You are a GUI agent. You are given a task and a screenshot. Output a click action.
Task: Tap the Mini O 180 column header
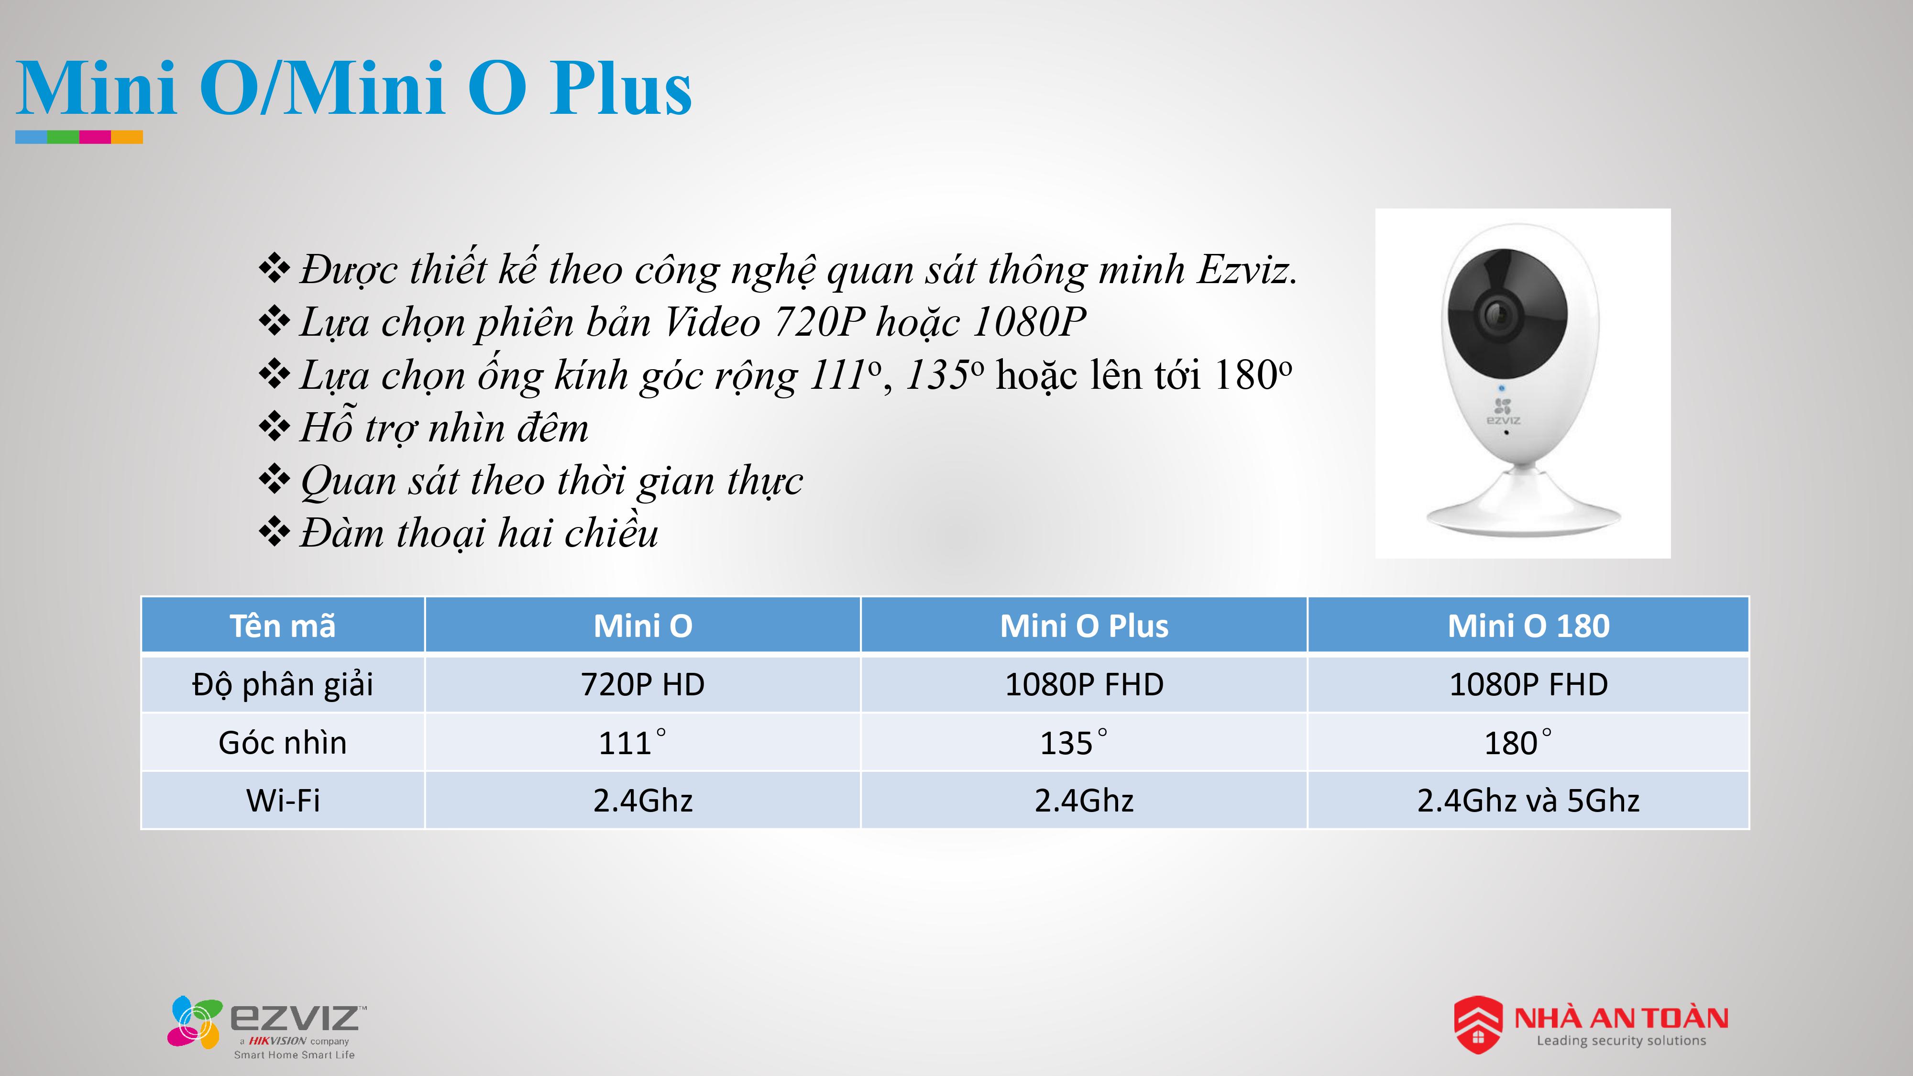click(1528, 625)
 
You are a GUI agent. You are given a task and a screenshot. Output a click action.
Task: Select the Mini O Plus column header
click(1084, 625)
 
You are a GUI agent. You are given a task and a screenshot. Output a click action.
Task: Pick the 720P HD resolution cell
click(642, 684)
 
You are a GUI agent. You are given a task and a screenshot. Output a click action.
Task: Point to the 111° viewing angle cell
click(642, 742)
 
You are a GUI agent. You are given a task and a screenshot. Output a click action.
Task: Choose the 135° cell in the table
click(1084, 742)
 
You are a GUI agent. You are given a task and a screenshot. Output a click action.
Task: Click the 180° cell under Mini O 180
click(1528, 742)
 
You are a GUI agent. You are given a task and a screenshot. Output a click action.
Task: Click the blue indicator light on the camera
click(1502, 388)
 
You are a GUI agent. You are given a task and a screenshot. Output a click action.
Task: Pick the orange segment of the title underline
click(127, 137)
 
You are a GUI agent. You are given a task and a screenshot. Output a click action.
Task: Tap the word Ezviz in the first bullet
click(1248, 269)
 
